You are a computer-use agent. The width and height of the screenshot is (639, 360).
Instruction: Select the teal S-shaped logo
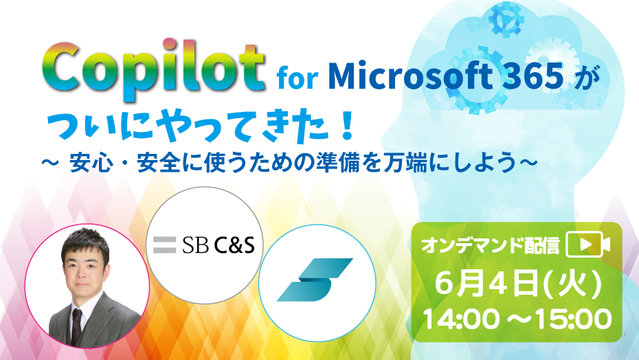point(315,280)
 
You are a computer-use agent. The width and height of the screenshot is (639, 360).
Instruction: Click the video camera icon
point(588,244)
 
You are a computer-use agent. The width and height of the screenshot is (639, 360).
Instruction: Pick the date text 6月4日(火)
point(518,284)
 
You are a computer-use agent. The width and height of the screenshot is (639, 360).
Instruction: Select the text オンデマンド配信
point(491,245)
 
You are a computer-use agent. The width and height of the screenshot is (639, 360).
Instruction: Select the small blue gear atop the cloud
point(506,19)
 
